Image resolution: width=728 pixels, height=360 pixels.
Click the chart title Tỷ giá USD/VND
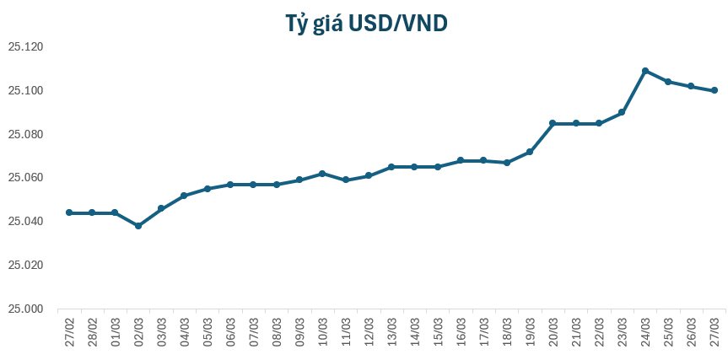point(364,24)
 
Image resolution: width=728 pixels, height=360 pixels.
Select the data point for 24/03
point(645,71)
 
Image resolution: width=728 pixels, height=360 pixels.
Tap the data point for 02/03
point(138,226)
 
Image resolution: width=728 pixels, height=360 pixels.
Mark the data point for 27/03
point(715,90)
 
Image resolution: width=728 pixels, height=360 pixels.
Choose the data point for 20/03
point(553,123)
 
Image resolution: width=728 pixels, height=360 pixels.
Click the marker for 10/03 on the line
point(323,174)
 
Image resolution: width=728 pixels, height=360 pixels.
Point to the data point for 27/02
point(69,212)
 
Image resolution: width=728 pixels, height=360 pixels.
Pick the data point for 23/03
point(623,112)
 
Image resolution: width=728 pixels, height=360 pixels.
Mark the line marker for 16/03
point(461,160)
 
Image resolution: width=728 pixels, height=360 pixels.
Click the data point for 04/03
point(184,196)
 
